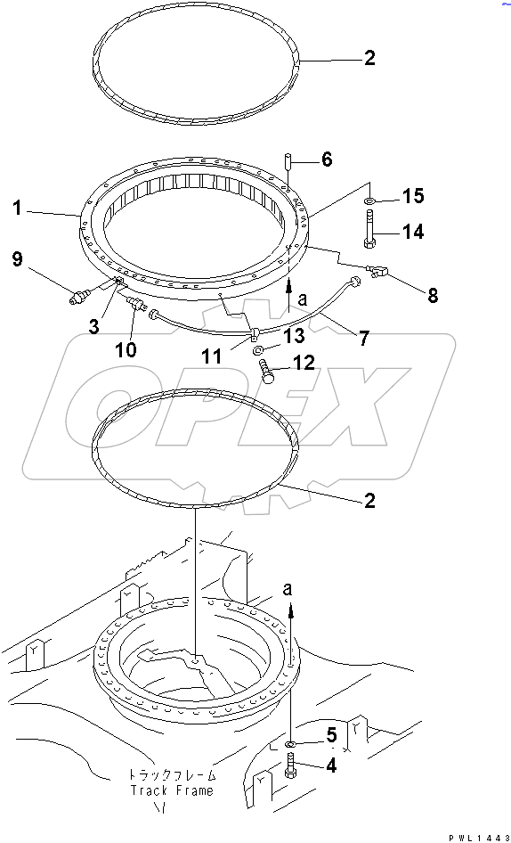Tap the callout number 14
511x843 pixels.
(x=413, y=232)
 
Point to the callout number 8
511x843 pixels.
(x=432, y=295)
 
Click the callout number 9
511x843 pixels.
(x=17, y=259)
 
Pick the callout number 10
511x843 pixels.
(x=125, y=350)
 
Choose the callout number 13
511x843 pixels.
(x=294, y=336)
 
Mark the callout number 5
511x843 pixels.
(x=331, y=734)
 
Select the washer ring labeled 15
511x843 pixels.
(x=369, y=201)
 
